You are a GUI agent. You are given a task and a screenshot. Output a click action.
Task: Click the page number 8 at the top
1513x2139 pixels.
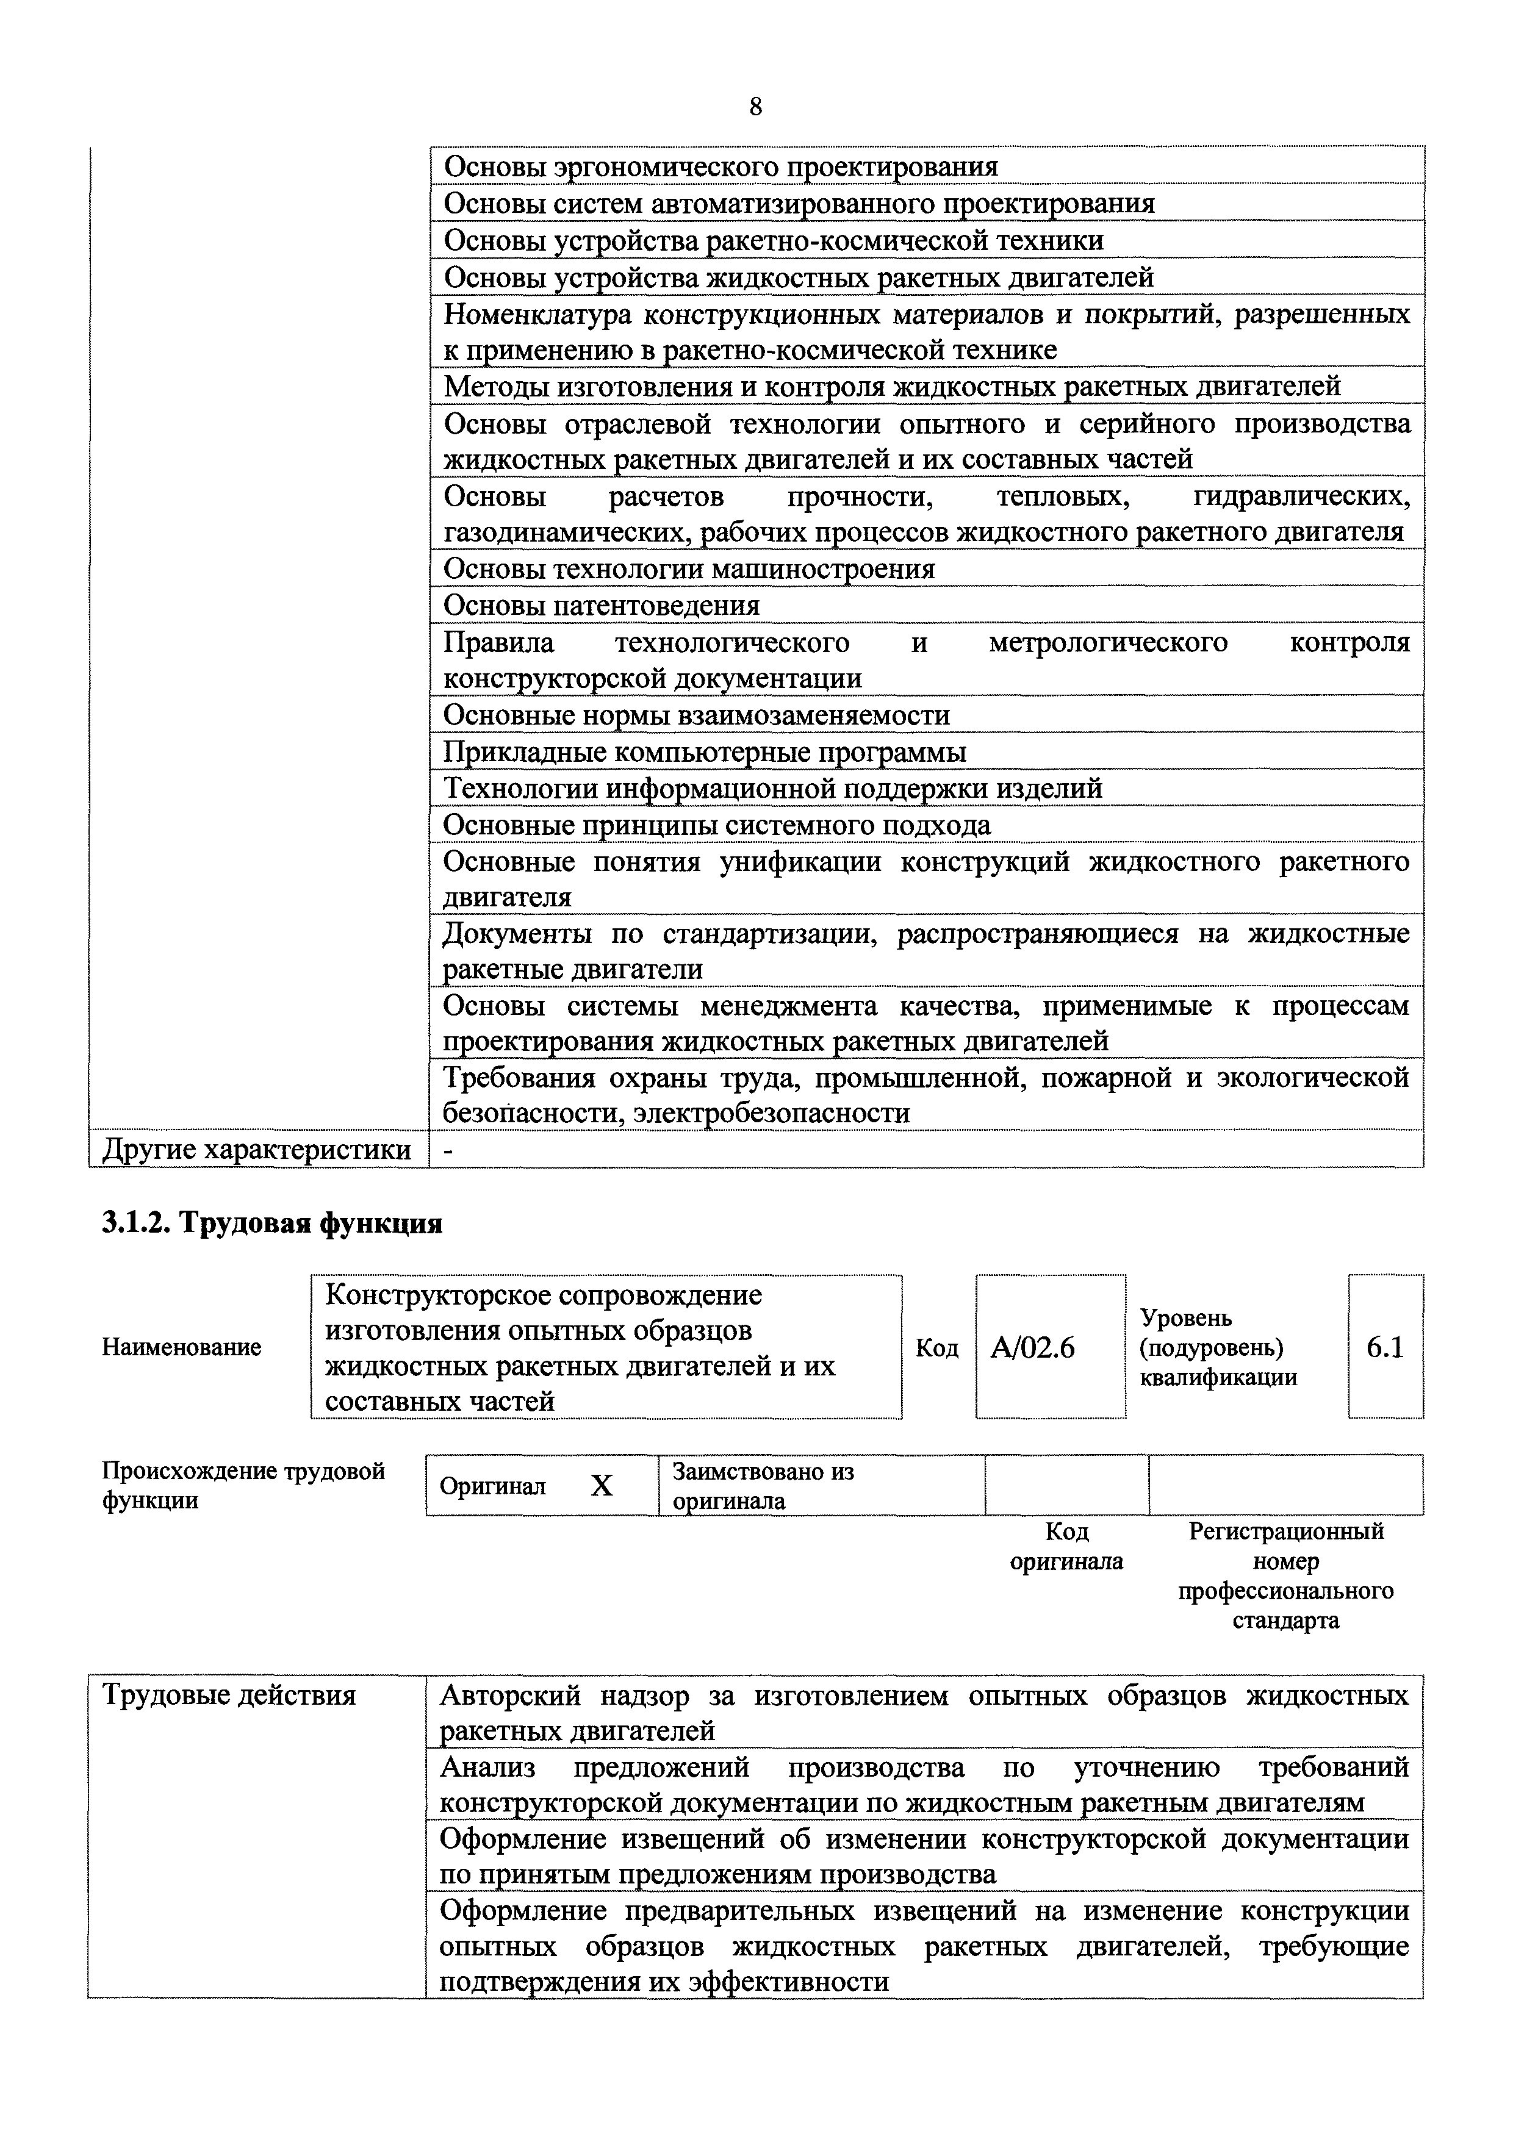tap(755, 108)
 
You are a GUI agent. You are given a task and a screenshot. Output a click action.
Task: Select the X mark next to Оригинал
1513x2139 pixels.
tap(602, 1486)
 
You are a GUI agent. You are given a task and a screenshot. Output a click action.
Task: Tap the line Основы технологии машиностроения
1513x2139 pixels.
tap(689, 569)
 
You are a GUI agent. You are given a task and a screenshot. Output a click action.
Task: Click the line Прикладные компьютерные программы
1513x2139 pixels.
tap(704, 752)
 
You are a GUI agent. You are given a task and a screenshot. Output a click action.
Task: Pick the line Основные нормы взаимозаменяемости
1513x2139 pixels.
tap(696, 715)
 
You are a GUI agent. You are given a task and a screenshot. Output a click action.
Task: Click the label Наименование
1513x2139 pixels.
tap(182, 1347)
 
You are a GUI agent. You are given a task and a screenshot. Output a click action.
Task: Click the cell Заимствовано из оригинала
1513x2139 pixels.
tap(763, 1486)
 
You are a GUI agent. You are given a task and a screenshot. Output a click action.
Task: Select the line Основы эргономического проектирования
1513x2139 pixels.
tap(720, 167)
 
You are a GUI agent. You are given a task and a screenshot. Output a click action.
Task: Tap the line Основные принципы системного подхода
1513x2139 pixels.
tap(716, 825)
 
